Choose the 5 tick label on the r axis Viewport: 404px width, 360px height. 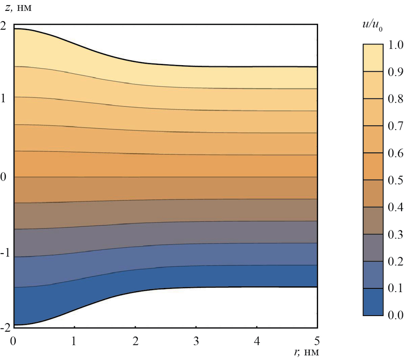click(x=317, y=341)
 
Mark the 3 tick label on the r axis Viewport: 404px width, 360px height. click(x=196, y=341)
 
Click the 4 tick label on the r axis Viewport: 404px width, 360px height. click(x=257, y=341)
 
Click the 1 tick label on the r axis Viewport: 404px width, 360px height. click(x=74, y=341)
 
